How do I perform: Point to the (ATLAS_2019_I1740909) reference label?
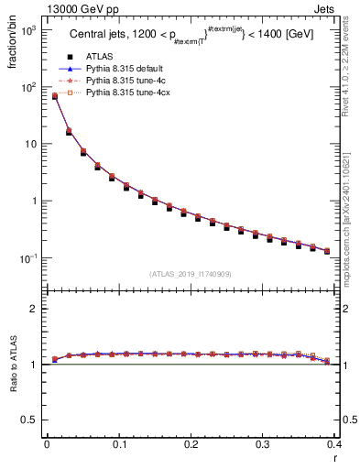(191, 274)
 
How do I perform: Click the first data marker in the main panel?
(54, 96)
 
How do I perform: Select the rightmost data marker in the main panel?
(353, 251)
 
